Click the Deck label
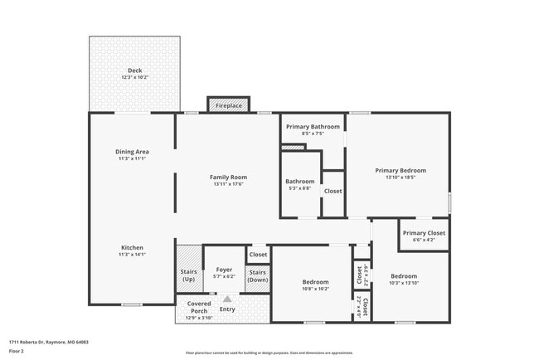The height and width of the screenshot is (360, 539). pos(134,70)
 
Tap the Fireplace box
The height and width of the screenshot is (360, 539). pos(228,106)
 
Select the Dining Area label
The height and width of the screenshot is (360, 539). pos(132,152)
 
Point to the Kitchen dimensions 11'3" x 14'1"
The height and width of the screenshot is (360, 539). pos(133,255)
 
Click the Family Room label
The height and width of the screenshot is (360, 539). pos(228,177)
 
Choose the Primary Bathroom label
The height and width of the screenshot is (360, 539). pos(313,126)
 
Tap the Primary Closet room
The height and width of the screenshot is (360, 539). pos(424,233)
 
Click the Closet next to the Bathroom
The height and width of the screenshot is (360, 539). pos(333,191)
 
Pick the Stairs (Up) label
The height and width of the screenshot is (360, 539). pos(188,275)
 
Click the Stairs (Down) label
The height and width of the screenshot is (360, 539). pos(258,275)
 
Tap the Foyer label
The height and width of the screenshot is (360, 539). pos(224,270)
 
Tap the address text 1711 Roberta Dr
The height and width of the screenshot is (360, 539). pos(49,342)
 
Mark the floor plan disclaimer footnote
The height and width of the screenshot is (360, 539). pos(269,352)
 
